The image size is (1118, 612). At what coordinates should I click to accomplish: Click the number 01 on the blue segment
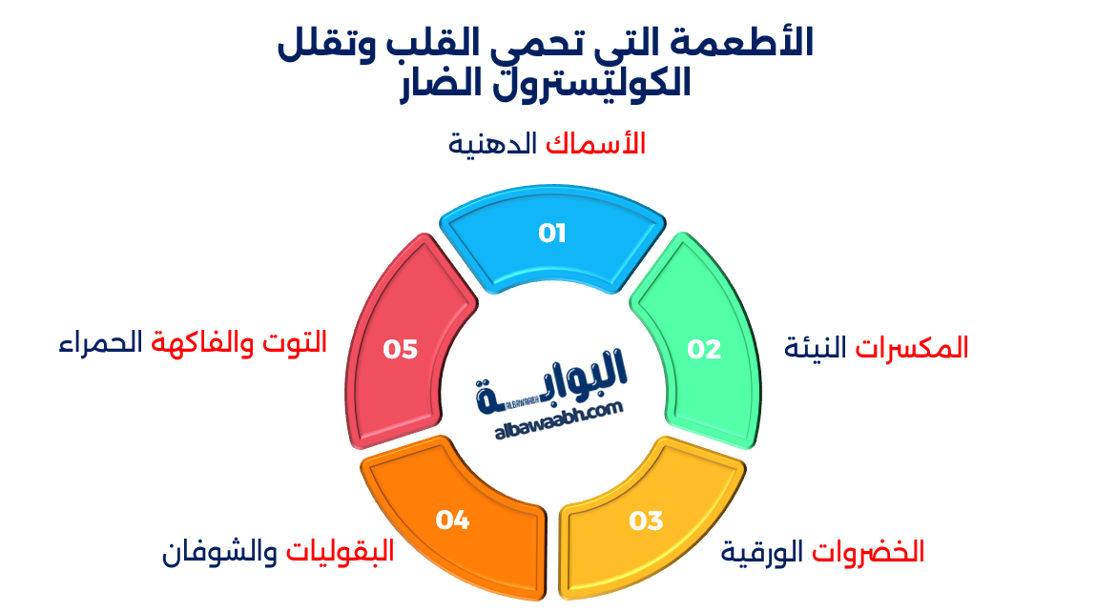pyautogui.click(x=552, y=234)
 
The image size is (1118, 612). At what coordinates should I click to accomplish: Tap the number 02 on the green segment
pyautogui.click(x=705, y=350)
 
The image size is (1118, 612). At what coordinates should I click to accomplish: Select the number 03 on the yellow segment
pyautogui.click(x=646, y=521)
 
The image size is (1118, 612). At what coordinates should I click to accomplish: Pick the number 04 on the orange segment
pyautogui.click(x=452, y=520)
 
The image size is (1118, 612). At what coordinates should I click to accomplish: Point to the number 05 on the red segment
pyautogui.click(x=401, y=350)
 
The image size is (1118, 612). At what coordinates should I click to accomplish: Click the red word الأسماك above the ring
pyautogui.click(x=596, y=143)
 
